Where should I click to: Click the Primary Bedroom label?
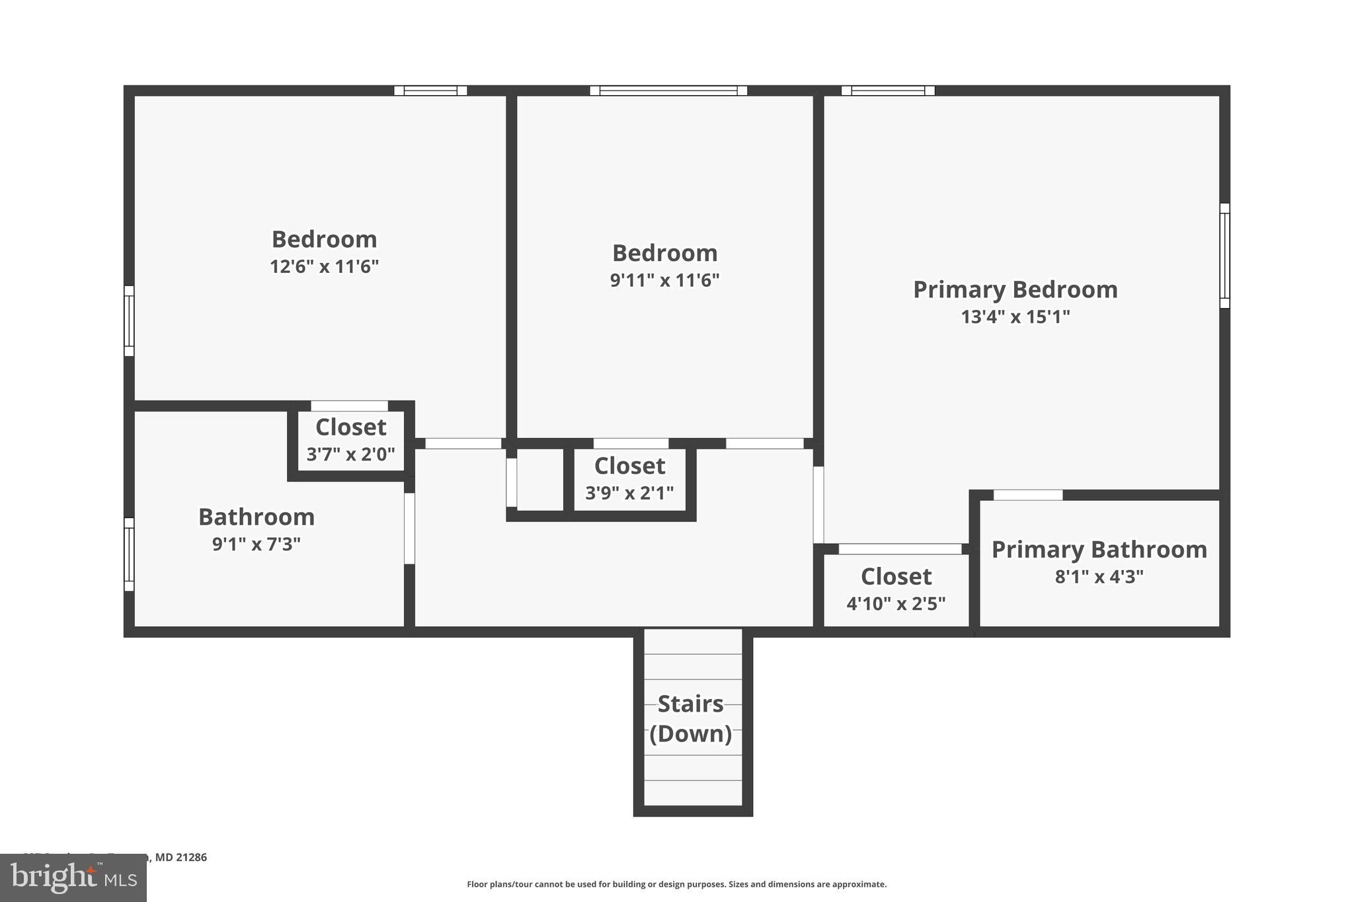(1015, 289)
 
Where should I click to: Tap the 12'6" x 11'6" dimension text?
(324, 266)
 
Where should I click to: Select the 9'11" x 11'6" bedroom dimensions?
(664, 280)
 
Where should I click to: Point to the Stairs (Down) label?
(691, 718)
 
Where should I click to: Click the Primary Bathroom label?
(1099, 549)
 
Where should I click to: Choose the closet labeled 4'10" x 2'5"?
(896, 589)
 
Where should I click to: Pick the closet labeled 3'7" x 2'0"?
(350, 440)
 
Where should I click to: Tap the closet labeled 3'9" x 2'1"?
(629, 478)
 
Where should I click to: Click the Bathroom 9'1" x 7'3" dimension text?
(257, 544)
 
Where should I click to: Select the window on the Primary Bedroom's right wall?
(1224, 256)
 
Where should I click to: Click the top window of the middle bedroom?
(668, 91)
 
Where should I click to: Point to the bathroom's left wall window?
(130, 554)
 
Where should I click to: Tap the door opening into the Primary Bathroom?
(1027, 495)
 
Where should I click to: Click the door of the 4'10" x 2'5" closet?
(900, 549)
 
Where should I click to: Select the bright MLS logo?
(73, 878)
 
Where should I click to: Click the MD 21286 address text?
(180, 857)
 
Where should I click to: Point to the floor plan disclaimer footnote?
(676, 884)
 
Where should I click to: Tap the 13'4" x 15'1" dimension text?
(1015, 317)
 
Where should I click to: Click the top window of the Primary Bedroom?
(887, 91)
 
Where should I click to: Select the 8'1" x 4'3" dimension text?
(1099, 576)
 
